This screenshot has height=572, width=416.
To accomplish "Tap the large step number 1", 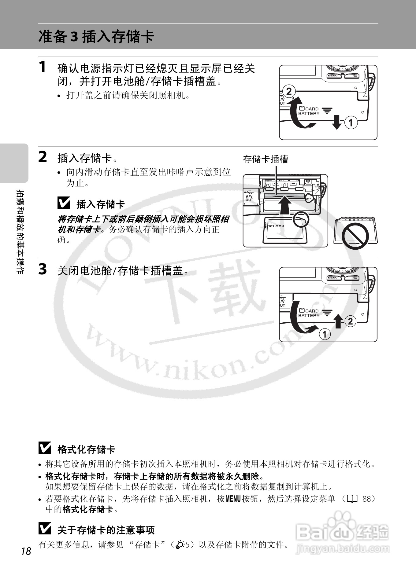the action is (43, 67).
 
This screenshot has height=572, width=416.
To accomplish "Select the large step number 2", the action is (43, 157).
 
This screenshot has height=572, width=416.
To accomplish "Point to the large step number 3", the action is (43, 269).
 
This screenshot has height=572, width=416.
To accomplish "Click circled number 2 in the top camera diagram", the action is (289, 91).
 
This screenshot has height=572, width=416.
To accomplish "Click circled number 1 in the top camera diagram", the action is (351, 123).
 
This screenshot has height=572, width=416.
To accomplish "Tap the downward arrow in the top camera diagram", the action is (337, 122).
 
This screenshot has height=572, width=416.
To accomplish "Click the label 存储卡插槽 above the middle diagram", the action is (266, 159).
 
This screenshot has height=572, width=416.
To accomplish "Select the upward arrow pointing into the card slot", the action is (285, 205).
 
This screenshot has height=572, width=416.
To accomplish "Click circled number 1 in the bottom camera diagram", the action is (325, 334).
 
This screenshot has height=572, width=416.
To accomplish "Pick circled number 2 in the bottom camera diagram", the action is (350, 321).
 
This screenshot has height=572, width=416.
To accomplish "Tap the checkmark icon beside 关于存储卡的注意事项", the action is (45, 529).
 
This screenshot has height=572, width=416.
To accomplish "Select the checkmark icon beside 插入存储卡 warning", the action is (64, 203).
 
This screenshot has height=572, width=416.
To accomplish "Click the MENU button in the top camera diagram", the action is (333, 75).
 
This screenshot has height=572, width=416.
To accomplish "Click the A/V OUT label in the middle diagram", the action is (249, 198).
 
